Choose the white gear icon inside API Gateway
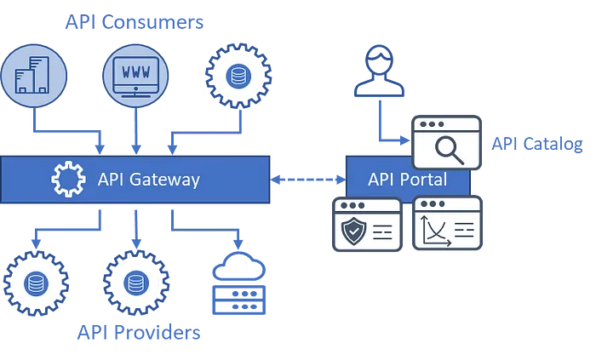coord(68,180)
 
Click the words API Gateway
coord(149,180)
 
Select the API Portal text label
coord(407,180)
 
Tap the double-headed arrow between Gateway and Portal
coord(308,180)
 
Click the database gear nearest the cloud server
coord(135,282)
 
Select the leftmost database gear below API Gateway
coord(35,282)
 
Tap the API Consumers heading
coord(136,22)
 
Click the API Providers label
coord(140,334)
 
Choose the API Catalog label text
coord(536,144)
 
